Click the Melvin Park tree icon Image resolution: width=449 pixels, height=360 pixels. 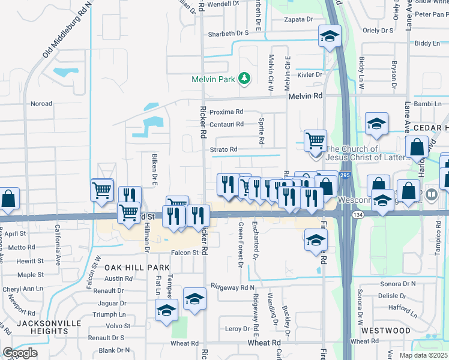point(244,79)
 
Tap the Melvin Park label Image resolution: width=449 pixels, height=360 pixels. point(214,79)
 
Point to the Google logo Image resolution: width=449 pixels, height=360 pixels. point(20,353)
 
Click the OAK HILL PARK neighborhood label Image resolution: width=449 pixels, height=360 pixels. point(130,266)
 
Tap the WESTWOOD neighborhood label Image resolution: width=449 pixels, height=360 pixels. point(385,331)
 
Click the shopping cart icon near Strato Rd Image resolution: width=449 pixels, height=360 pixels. point(315,141)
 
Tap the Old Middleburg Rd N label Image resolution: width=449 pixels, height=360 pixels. point(67,29)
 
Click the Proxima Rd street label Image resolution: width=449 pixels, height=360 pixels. point(226,112)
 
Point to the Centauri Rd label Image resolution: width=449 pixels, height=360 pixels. point(226,125)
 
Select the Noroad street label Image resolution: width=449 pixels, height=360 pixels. point(41,104)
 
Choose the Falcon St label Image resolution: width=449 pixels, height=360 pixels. point(184,253)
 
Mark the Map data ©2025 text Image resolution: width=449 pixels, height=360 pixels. point(423,355)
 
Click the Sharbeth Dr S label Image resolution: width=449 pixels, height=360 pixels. point(228,34)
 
